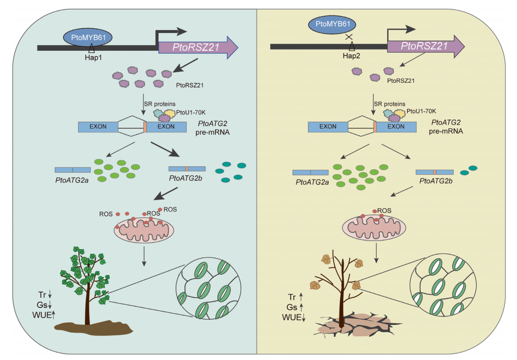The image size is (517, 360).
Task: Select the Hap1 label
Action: click(x=92, y=57)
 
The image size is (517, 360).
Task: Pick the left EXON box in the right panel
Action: click(x=328, y=126)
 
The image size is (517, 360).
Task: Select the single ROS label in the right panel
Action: click(x=385, y=211)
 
